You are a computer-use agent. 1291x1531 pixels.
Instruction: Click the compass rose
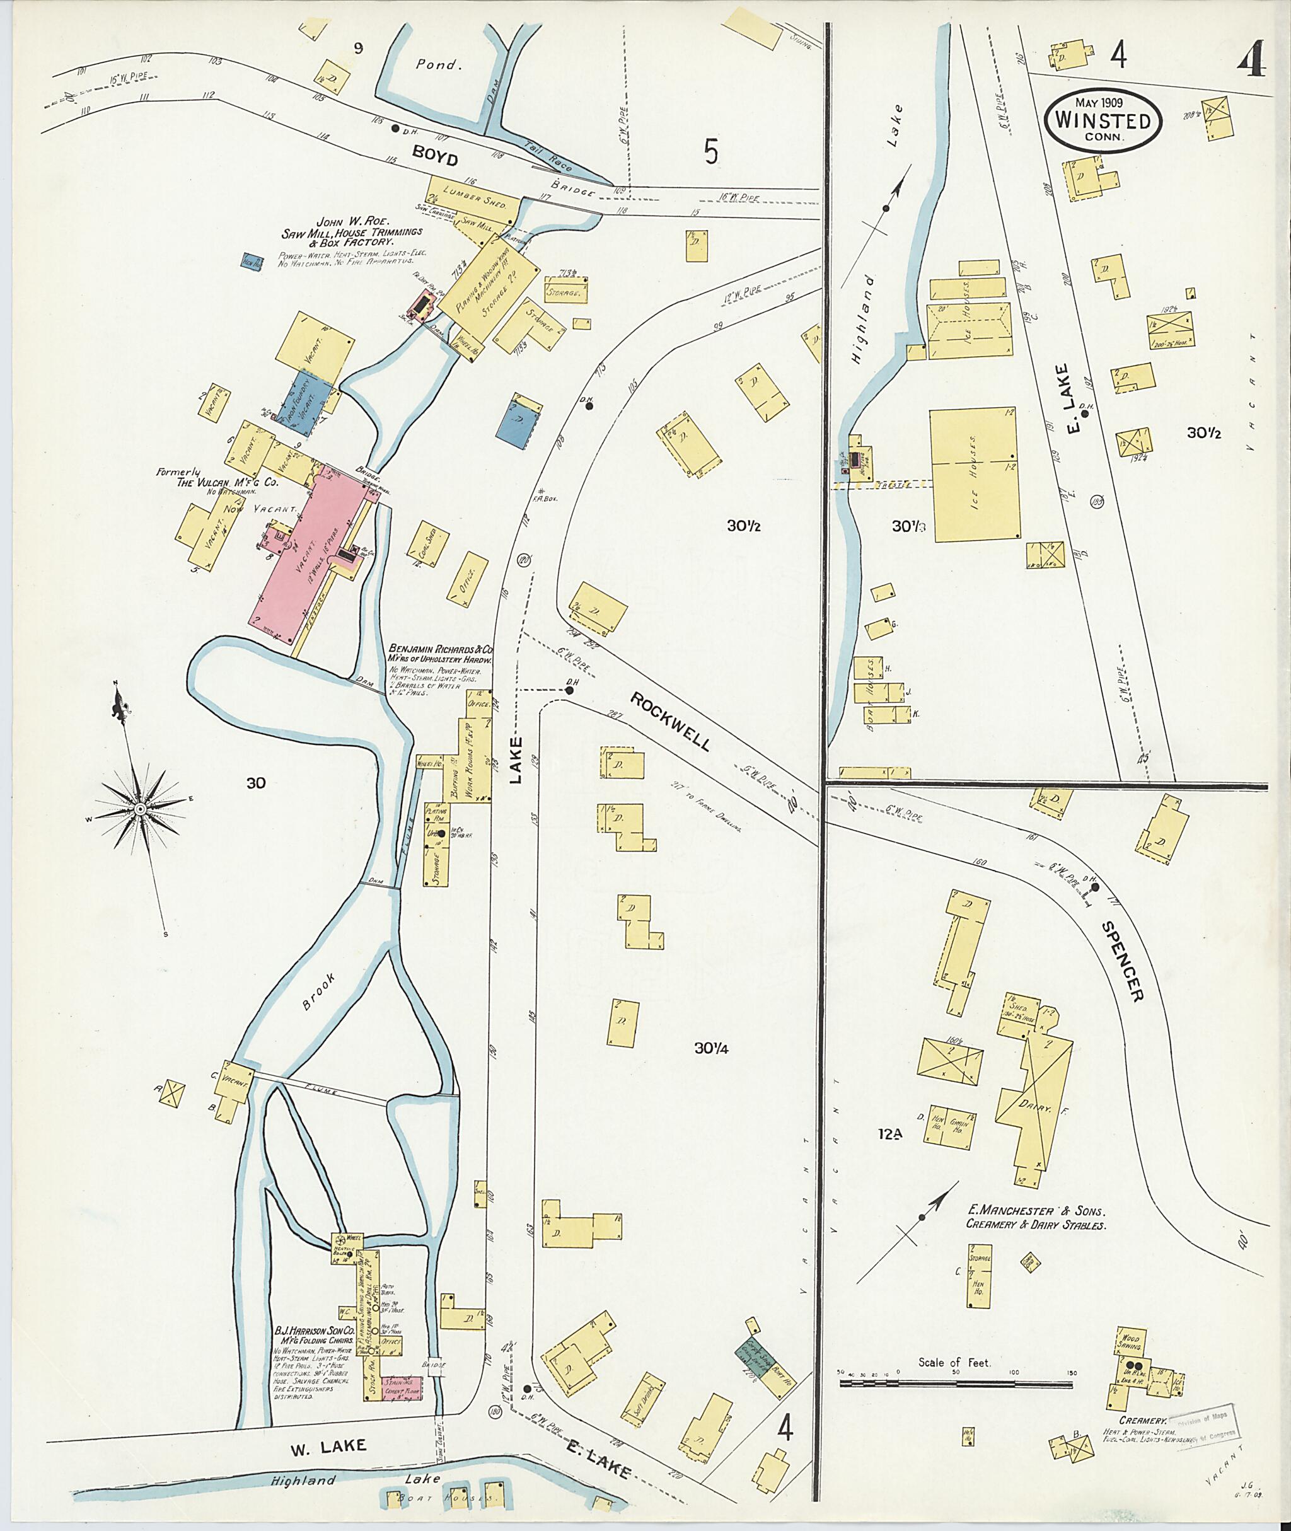(138, 808)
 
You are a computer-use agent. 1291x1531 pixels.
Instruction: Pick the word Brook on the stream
(320, 991)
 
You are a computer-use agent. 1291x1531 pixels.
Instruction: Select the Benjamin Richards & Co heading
(441, 649)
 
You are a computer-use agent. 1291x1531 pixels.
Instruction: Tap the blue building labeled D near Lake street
(519, 422)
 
